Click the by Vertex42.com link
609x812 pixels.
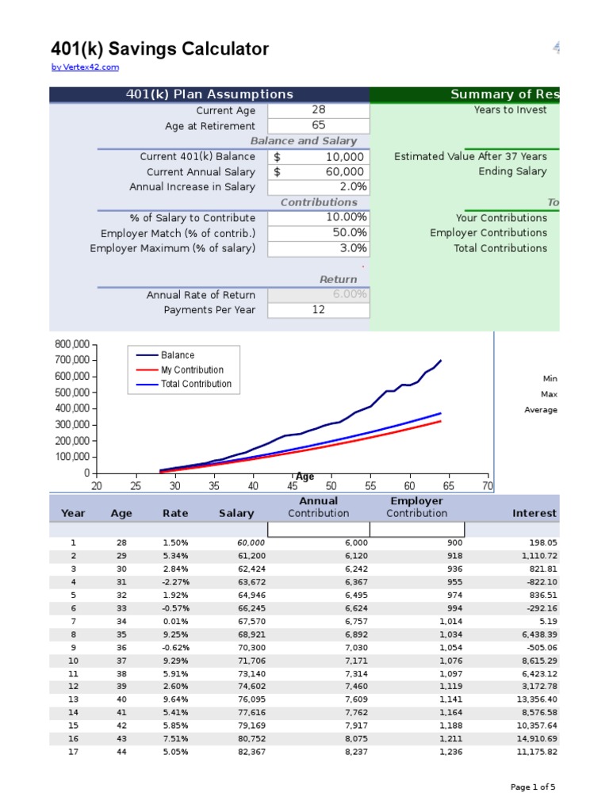tap(85, 67)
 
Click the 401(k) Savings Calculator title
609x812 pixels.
tap(159, 49)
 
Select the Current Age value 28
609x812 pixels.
tap(318, 110)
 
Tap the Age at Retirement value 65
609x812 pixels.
tap(318, 125)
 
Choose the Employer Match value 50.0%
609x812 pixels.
tap(350, 233)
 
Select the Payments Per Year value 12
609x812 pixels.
tap(318, 310)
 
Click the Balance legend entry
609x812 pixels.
tap(177, 355)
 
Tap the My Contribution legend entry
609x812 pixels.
tap(192, 370)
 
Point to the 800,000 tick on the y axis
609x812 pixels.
tap(71, 345)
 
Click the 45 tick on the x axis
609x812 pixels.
tap(292, 485)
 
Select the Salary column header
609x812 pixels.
tap(236, 513)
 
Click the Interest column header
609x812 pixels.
tap(535, 513)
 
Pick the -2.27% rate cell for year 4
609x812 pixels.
tap(175, 582)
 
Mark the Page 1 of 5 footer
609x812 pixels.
tap(533, 787)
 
